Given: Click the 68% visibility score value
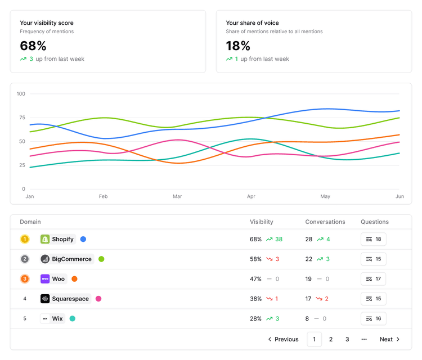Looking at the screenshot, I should (x=33, y=46).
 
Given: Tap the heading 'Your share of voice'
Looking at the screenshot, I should (x=252, y=23).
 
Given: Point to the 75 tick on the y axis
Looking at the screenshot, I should (x=21, y=118).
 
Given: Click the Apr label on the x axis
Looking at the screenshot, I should (x=251, y=196).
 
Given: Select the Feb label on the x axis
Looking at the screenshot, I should (x=104, y=196).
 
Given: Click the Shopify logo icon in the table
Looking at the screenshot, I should (x=45, y=239).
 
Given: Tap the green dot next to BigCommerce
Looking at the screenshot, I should (x=101, y=259).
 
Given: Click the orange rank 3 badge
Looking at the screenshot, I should (x=25, y=279).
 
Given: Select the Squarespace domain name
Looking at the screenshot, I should (x=70, y=299).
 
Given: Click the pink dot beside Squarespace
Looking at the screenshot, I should (x=98, y=299).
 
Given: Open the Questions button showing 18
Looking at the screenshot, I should (x=373, y=239).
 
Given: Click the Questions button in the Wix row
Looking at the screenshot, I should (x=373, y=318).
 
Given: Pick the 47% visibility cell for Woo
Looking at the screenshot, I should (x=255, y=279).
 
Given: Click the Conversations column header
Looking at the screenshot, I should (x=325, y=222).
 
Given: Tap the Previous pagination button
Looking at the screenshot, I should (x=283, y=339).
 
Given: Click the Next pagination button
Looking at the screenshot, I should (x=389, y=339).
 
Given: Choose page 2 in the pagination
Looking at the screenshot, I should (x=331, y=339).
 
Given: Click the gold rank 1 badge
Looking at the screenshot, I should (x=25, y=239).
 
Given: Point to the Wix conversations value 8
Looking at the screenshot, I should (x=307, y=318).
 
